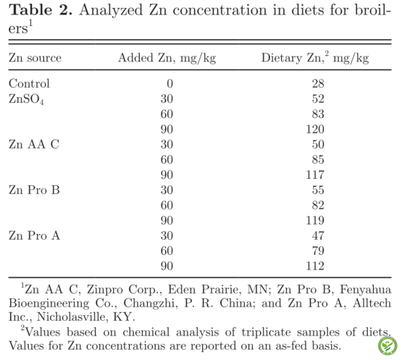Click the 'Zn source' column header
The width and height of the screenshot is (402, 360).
click(x=35, y=58)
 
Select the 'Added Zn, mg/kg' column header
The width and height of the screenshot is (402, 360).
click(x=167, y=58)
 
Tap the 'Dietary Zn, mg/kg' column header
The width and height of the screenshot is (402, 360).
click(x=315, y=58)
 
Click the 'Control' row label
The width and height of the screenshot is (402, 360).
click(x=29, y=83)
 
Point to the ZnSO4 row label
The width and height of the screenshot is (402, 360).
click(x=26, y=99)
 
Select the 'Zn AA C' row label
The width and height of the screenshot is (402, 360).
click(x=34, y=144)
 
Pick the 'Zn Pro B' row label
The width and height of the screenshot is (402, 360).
click(x=34, y=190)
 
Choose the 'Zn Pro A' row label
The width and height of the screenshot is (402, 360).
click(x=34, y=235)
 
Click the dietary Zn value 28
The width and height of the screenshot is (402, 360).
click(x=318, y=83)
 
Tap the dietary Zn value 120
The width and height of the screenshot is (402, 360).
click(x=315, y=129)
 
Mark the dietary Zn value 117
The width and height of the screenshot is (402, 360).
click(x=315, y=175)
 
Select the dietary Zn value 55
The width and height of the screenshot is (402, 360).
click(x=318, y=190)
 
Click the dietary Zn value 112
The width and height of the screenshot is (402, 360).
click(x=315, y=266)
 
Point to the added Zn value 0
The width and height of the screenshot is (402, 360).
click(x=169, y=83)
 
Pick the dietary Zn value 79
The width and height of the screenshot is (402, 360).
click(x=318, y=251)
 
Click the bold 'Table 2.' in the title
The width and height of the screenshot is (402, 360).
click(x=41, y=10)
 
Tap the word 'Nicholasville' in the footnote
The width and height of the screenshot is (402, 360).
click(x=71, y=317)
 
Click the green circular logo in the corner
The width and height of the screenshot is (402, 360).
click(x=388, y=346)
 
